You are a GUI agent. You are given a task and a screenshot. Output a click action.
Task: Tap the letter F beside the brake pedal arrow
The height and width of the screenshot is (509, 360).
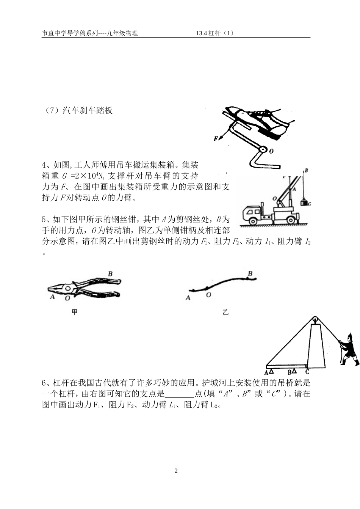(x=216, y=139)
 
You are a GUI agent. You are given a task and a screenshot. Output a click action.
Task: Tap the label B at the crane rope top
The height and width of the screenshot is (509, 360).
(x=306, y=171)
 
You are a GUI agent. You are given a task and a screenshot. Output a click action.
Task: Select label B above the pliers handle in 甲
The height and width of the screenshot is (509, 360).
(x=110, y=273)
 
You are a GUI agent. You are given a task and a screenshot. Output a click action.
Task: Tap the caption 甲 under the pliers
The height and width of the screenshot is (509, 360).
(x=75, y=312)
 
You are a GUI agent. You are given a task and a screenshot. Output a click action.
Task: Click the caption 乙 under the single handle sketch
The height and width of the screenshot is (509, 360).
(x=225, y=313)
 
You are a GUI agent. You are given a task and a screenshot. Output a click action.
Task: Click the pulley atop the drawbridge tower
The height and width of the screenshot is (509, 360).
(x=315, y=319)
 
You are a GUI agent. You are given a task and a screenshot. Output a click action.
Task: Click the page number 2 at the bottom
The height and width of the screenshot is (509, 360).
(x=176, y=471)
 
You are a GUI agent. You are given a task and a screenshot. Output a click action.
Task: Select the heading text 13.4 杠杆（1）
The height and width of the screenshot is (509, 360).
(x=215, y=33)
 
